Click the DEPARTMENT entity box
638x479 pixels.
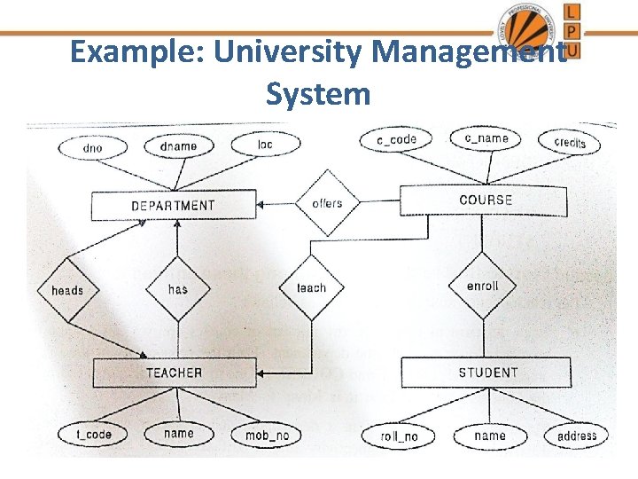174,206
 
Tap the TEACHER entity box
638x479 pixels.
174,373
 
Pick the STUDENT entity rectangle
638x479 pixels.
487,373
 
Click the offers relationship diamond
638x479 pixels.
327,203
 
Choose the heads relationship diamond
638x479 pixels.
67,290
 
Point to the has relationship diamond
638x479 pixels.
178,288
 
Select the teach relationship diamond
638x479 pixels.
311,287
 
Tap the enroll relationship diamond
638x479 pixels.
482,286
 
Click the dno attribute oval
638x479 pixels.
91,147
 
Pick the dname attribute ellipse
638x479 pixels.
178,145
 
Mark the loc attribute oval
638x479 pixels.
265,144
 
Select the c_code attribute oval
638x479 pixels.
396,139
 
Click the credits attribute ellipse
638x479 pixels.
569,142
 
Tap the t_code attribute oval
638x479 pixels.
94,435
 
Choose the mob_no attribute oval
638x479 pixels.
267,436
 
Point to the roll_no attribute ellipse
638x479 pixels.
399,436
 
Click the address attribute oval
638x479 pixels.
577,436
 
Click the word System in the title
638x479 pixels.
318,92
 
